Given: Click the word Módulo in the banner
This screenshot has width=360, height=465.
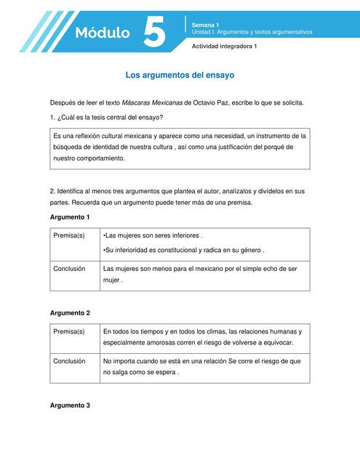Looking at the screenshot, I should [103, 33].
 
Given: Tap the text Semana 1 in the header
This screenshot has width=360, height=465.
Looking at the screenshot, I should [205, 25].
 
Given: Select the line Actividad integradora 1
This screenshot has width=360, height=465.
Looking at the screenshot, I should [224, 46].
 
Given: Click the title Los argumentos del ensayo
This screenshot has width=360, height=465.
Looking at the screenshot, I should [180, 75].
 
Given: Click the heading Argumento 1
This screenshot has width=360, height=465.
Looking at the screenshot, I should [70, 217].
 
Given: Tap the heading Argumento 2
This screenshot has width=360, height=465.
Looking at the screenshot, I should [70, 312].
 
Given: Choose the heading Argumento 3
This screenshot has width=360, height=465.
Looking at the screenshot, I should [70, 405].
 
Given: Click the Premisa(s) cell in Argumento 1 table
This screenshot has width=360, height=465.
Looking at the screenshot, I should [69, 236].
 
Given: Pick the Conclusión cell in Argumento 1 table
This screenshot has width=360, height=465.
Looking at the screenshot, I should [69, 268].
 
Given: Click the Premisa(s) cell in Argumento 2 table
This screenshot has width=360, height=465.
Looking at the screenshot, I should [69, 331].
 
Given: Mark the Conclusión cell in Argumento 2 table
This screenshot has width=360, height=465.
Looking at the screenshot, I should [69, 360].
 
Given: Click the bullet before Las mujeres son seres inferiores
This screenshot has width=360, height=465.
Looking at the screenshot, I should [105, 236].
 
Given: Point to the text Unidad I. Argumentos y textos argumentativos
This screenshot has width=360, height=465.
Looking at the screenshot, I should [252, 33].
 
